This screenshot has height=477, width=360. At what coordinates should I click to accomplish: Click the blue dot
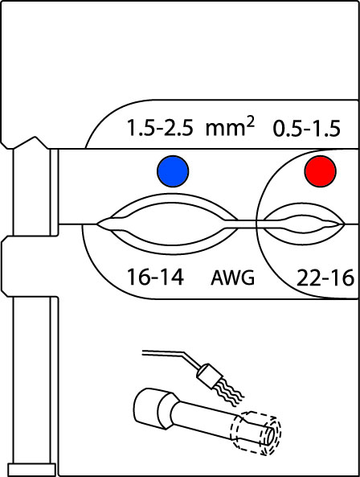(x=173, y=171)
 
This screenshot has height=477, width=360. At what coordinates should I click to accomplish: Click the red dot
(x=321, y=171)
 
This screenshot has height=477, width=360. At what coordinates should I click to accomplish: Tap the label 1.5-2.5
(x=160, y=128)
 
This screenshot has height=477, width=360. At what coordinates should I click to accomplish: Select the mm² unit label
(x=230, y=125)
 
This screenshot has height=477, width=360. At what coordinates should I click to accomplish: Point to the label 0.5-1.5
(x=306, y=129)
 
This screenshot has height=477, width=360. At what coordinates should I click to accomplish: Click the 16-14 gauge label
(x=155, y=278)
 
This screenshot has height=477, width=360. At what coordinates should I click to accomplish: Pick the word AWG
(x=233, y=278)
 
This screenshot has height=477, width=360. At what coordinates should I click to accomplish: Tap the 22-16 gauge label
(x=325, y=278)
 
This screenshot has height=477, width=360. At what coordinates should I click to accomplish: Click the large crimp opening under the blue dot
(x=167, y=224)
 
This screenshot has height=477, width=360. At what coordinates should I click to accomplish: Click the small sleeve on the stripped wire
(x=208, y=376)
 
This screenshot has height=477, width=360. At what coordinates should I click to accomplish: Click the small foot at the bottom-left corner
(x=32, y=470)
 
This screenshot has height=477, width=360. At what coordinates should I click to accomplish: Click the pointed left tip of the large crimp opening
(x=97, y=224)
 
